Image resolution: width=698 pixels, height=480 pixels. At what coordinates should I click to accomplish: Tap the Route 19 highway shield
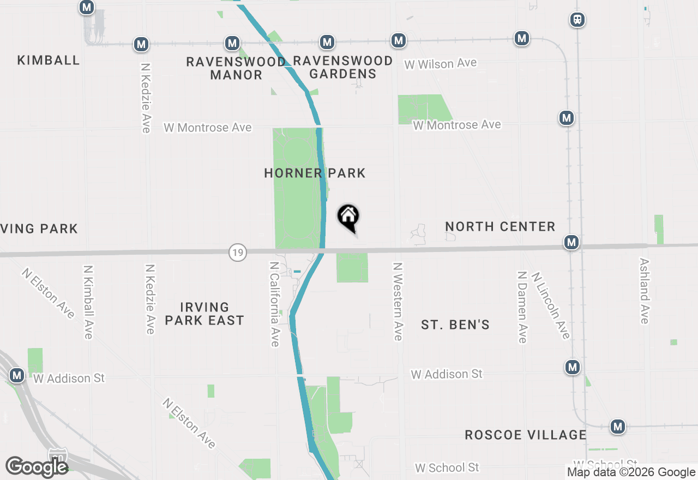pos(237,253)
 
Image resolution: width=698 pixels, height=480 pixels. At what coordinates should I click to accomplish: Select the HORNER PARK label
pos(315,173)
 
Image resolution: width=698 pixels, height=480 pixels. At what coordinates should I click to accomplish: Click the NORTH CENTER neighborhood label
pos(500,226)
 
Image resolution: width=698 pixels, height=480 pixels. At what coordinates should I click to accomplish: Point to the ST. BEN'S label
pos(455,325)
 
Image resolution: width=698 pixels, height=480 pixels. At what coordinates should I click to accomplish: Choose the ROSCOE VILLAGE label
pos(526,435)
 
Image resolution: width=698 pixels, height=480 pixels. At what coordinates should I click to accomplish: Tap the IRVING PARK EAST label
pos(204,314)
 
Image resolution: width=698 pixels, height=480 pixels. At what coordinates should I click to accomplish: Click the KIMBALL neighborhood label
pos(49,60)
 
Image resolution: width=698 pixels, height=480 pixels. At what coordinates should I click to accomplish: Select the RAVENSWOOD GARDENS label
pos(342,67)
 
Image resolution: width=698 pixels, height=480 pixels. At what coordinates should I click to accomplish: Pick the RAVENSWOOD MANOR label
pos(236,68)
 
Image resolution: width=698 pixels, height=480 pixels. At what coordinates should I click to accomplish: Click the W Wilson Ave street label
pos(440,64)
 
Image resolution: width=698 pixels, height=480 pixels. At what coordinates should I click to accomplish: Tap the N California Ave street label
pos(274,304)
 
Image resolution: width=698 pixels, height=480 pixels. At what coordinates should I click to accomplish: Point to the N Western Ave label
pos(398,302)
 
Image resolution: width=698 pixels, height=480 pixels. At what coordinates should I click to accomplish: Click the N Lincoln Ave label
pos(551,305)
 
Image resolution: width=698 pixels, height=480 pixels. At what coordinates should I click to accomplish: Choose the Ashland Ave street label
pos(645,291)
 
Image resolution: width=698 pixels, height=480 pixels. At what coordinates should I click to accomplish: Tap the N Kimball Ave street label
pos(88,302)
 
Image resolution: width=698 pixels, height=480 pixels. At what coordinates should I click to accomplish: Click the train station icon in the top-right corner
pos(577,20)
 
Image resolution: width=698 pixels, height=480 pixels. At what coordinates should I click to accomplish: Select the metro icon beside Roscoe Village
pos(617,427)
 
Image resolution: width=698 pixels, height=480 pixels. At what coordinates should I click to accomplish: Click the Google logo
pos(37,467)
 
